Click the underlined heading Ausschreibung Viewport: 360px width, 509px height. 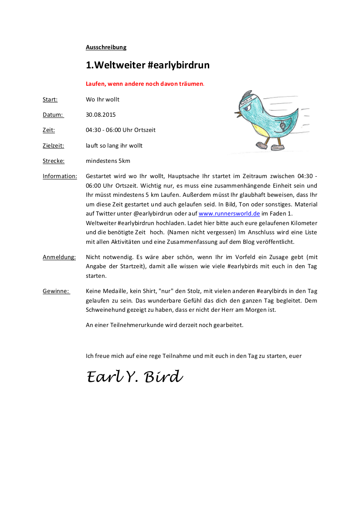pyautogui.click(x=106, y=47)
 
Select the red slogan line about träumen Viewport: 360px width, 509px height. pyautogui.click(x=144, y=84)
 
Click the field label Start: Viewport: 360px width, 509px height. pyautogui.click(x=50, y=100)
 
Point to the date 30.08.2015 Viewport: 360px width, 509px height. pyautogui.click(x=101, y=115)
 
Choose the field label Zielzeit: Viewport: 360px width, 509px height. pyautogui.click(x=53, y=146)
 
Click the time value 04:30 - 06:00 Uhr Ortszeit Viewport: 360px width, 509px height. pyautogui.click(x=121, y=130)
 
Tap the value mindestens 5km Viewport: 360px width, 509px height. pyautogui.click(x=108, y=161)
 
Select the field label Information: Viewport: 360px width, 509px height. pyautogui.click(x=60, y=176)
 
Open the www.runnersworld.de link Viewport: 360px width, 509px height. pyautogui.click(x=229, y=213)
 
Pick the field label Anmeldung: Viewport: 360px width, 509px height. pyautogui.click(x=59, y=257)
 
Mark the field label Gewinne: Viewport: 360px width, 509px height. pyautogui.click(x=56, y=291)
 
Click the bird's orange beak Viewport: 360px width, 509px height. pyautogui.click(x=239, y=115)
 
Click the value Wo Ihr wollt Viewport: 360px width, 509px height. pyautogui.click(x=102, y=100)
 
